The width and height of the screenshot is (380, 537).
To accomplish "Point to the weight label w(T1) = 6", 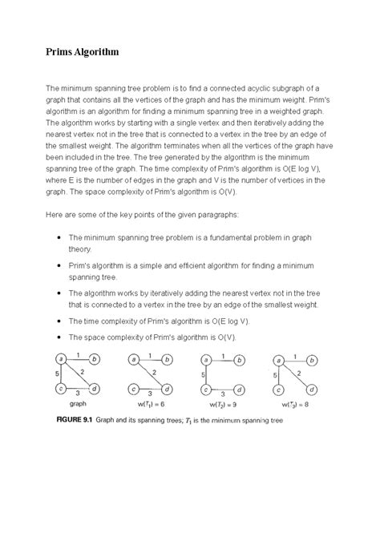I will tap(151, 405).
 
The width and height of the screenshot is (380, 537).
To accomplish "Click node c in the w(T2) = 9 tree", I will tap(204, 389).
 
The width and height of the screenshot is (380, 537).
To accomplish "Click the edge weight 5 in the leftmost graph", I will tap(52, 373).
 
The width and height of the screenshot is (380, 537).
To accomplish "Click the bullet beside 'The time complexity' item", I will tap(61, 320).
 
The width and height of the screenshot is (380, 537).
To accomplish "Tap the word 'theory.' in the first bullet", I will tap(82, 249).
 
